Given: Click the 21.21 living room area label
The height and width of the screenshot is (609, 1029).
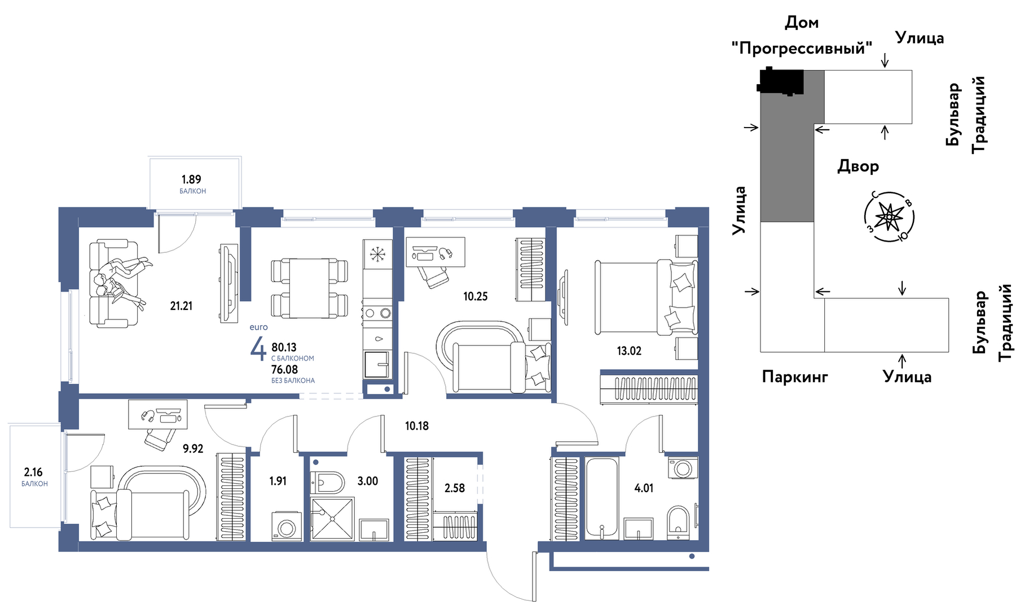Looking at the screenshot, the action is point(181,306).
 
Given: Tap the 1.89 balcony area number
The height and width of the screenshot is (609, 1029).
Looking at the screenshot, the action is point(191,179).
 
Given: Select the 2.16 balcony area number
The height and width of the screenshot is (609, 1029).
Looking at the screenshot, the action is point(33,472).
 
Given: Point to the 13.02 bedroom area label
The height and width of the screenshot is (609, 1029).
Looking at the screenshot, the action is point(629,351).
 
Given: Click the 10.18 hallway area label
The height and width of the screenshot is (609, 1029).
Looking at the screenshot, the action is point(417,426).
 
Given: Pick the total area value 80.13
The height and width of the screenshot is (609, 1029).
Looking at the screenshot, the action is point(284,347).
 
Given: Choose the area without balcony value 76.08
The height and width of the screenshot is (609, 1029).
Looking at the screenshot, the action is point(284,370).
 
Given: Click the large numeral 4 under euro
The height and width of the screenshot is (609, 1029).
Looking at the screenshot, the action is point(258,348).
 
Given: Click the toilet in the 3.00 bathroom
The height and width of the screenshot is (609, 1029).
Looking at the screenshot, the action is point(329,483).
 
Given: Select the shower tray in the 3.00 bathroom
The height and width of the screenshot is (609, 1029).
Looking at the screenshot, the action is point(332,518).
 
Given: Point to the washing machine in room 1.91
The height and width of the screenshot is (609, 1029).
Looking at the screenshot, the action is point(287,526).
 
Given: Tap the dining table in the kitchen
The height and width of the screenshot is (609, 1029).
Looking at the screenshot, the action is point(309,288).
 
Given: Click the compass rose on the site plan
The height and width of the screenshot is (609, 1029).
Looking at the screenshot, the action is point(889,217).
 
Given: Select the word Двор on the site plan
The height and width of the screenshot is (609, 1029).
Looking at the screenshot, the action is point(858,167).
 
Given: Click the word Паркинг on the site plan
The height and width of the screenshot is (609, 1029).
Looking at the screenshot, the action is point(795,376).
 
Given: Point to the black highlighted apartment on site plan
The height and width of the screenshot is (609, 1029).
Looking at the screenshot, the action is point(780,81).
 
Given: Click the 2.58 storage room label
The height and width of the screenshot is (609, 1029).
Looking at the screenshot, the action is point(455,488).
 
